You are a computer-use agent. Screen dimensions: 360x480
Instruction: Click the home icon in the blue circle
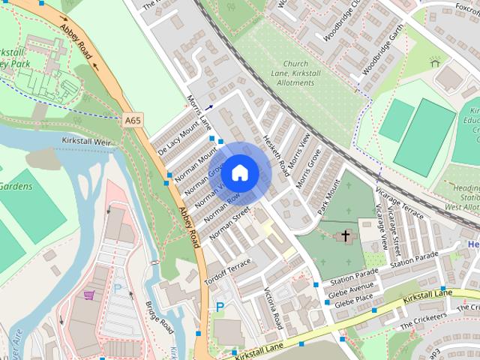[x=239, y=172]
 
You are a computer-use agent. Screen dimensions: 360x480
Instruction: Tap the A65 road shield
[x=133, y=119]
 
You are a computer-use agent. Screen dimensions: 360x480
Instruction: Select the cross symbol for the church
[x=346, y=236]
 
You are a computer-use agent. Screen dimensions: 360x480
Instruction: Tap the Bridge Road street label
[x=159, y=318]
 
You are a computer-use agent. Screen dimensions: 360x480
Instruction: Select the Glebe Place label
[x=353, y=303]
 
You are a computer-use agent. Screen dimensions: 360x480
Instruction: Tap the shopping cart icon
[x=89, y=295]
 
